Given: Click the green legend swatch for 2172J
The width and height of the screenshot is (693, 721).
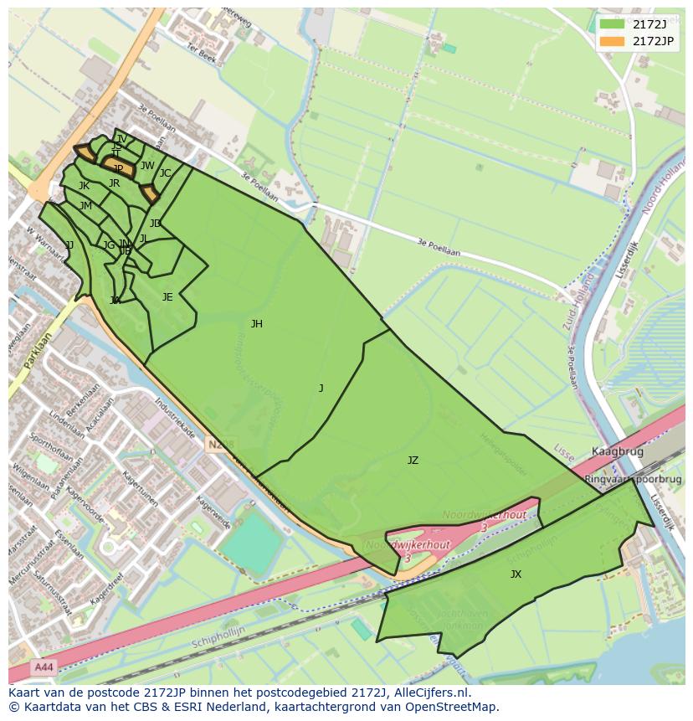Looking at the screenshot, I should (612, 24).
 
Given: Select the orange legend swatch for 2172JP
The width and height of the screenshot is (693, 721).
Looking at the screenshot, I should (612, 41).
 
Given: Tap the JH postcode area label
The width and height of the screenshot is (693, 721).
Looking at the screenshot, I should (256, 324).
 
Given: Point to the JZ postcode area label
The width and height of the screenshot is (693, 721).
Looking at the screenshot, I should (413, 461).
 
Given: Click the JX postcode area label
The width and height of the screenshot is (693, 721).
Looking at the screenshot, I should (516, 574).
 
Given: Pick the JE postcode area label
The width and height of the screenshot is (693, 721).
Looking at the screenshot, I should (167, 297).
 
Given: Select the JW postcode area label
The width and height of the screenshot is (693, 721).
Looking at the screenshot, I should (147, 166).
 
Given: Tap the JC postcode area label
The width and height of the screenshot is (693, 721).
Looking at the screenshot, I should (165, 173).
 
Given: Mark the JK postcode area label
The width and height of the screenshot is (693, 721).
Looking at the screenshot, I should (84, 186).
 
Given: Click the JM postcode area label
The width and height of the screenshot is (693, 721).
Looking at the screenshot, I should (85, 206).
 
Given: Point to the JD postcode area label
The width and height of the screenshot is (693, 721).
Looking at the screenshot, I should (155, 224).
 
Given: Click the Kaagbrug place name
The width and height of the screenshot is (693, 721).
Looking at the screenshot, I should (618, 451).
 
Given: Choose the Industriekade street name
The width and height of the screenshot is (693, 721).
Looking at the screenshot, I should (174, 418).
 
